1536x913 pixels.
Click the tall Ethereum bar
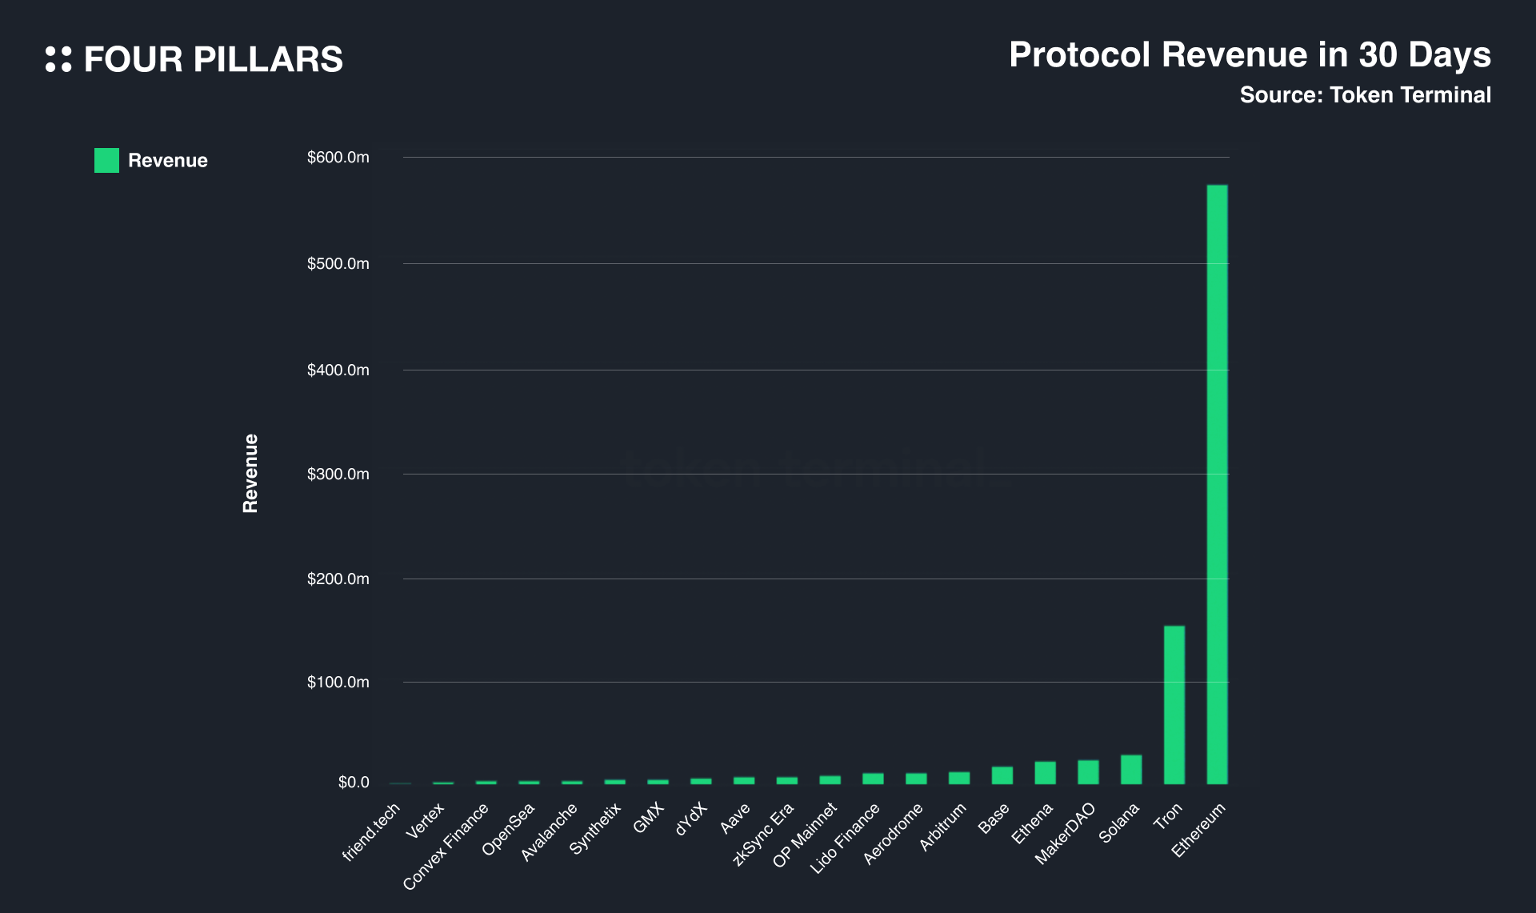[x=1217, y=484]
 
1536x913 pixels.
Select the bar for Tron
[x=1174, y=704]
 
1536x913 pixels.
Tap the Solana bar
[x=1131, y=769]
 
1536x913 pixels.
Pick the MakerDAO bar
[x=1088, y=771]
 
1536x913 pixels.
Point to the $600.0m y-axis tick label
[x=338, y=158]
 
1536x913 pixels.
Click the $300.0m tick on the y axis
[x=338, y=475]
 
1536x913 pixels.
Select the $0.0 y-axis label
[x=354, y=783]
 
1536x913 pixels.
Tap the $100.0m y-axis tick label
[x=338, y=683]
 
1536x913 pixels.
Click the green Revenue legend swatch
[x=106, y=160]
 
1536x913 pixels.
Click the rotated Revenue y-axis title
[x=250, y=473]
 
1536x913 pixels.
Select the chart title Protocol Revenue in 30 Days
[x=1250, y=55]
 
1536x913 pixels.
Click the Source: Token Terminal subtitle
[x=1365, y=95]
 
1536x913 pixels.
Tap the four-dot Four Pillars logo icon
[x=58, y=59]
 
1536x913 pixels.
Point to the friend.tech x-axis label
[x=371, y=832]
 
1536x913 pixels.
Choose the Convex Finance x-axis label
[x=446, y=846]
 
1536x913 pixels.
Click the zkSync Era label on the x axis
[x=763, y=834]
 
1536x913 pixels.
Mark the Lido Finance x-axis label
[x=845, y=838]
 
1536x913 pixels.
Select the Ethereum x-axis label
[x=1198, y=830]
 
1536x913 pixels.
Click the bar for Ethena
[x=1045, y=772]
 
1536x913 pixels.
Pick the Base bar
[x=1002, y=775]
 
